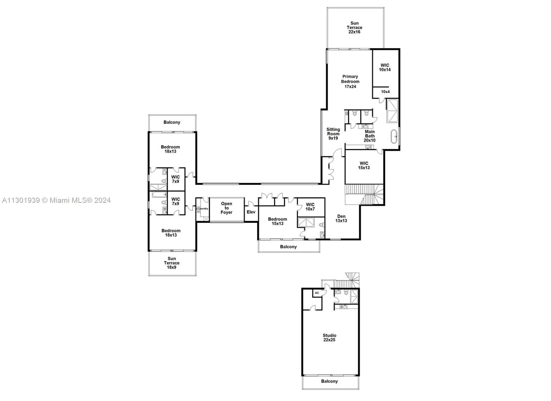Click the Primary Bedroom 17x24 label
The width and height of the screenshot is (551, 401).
(x=350, y=81)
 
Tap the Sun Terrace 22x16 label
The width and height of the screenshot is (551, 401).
(x=354, y=28)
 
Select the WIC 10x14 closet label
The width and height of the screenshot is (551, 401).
(x=385, y=68)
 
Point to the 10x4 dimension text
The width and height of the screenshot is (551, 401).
(x=385, y=92)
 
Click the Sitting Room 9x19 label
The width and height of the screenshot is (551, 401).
(x=333, y=134)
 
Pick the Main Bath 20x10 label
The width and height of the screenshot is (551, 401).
(x=370, y=136)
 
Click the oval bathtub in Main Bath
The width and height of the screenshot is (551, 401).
(x=394, y=136)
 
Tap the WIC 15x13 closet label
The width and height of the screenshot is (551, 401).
(x=364, y=166)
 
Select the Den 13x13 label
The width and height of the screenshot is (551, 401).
(x=341, y=219)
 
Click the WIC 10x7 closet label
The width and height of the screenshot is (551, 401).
(x=310, y=207)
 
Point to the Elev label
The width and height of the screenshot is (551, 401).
(x=251, y=212)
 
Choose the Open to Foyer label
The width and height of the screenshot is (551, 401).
(x=226, y=208)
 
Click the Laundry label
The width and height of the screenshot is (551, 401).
(x=203, y=209)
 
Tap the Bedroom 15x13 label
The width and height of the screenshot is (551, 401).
(x=278, y=221)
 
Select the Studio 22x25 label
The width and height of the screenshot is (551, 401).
(x=329, y=338)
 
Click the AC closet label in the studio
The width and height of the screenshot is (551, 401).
(x=317, y=293)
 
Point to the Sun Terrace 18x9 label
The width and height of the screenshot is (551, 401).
(x=172, y=263)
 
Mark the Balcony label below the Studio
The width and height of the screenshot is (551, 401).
(x=329, y=381)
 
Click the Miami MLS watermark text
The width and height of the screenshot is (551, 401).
(x=56, y=200)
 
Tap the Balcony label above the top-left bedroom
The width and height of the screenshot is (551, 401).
(x=172, y=122)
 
